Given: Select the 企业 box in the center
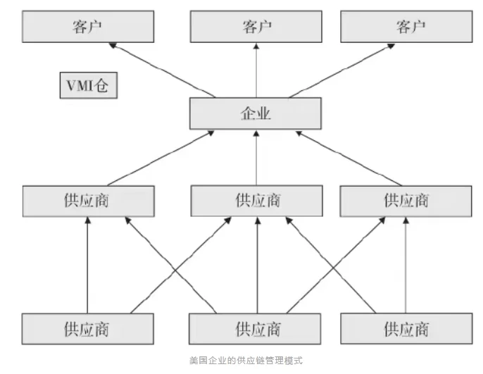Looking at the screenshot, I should (x=256, y=113).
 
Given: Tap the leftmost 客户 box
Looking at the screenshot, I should (x=88, y=27).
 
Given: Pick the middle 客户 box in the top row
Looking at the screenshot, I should (x=256, y=27).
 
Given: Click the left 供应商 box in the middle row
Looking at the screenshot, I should (x=88, y=200).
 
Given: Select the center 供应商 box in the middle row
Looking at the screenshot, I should (x=257, y=200).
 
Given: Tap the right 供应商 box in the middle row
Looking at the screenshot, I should (x=406, y=200).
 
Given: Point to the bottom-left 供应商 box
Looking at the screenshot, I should (x=88, y=328).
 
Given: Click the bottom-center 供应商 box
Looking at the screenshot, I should (x=257, y=328).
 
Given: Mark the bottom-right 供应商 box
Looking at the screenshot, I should (x=406, y=328).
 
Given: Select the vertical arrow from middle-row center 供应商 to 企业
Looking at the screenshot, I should (x=256, y=158).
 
